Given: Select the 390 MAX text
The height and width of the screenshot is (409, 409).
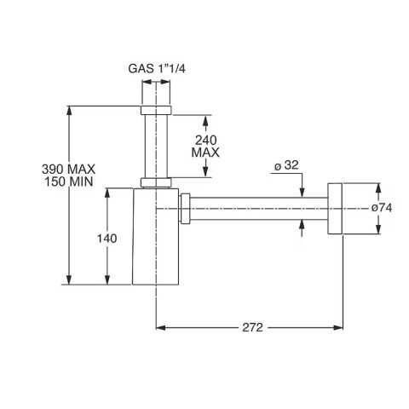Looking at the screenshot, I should pyautogui.click(x=40, y=170).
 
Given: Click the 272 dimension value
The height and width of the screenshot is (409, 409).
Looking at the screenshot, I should pyautogui.click(x=251, y=327).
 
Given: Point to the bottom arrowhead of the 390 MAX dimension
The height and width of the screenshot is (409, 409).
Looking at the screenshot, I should pyautogui.click(x=68, y=282).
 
